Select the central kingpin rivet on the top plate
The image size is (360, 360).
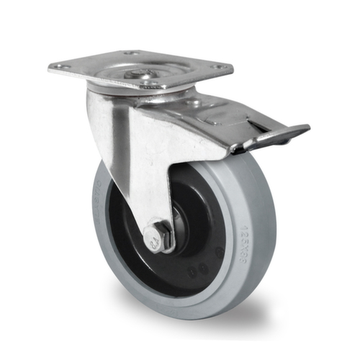[139, 72]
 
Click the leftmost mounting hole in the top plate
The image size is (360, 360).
[60, 67]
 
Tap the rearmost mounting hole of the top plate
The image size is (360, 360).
[131, 53]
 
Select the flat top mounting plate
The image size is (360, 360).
[140, 66]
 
